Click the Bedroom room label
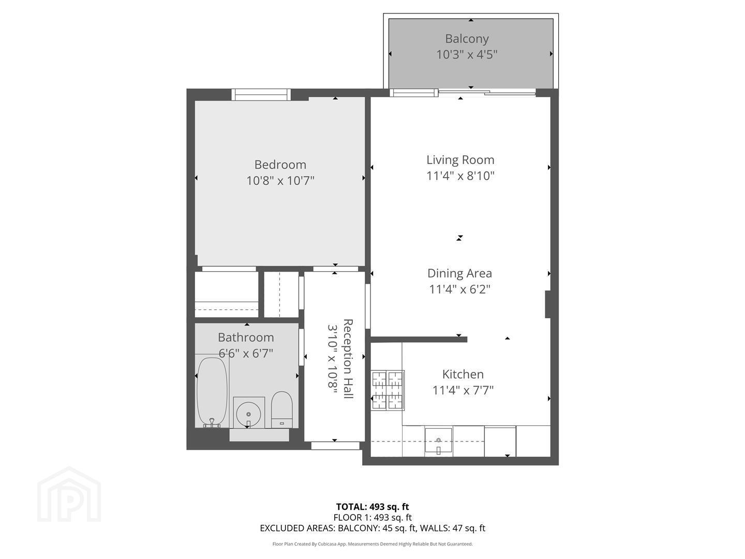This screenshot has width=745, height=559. click(x=280, y=165)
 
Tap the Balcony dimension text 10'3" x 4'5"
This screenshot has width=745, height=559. click(x=467, y=54)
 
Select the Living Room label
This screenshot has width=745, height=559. click(x=460, y=160)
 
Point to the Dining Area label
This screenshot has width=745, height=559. click(x=459, y=273)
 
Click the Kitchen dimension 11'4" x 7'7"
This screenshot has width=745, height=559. click(x=463, y=390)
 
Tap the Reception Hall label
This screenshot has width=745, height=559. click(x=348, y=358)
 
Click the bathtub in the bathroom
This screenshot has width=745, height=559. click(x=212, y=392)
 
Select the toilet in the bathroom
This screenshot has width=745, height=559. click(x=282, y=409)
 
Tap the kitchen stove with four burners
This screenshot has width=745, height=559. click(x=388, y=390)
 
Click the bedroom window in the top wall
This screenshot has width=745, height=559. click(x=261, y=94)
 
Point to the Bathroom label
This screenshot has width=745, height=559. click(x=246, y=337)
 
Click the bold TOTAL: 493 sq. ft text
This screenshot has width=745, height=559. click(x=373, y=507)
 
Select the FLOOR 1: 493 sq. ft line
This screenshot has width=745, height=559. click(x=373, y=517)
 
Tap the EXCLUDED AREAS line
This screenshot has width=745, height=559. click(x=373, y=528)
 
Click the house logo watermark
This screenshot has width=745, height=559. click(x=69, y=494)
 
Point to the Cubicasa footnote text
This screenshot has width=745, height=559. click(x=373, y=544)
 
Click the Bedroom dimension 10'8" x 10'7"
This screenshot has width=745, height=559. click(x=280, y=181)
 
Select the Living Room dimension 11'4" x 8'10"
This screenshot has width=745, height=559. click(x=460, y=176)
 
